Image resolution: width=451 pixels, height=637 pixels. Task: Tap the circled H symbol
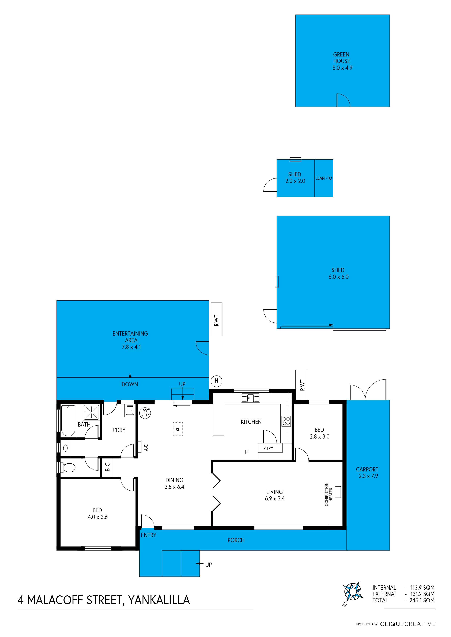pyautogui.click(x=216, y=381)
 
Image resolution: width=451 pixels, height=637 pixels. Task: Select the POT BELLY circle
pyautogui.click(x=145, y=413)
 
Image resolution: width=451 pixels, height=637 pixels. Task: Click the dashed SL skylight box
pyautogui.click(x=178, y=429)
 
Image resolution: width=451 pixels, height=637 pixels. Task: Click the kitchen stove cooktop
pyautogui.click(x=286, y=421)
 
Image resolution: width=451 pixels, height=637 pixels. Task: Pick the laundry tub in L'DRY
pyautogui.click(x=129, y=410)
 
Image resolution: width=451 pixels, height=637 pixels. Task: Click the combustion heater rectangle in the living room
pyautogui.click(x=338, y=492)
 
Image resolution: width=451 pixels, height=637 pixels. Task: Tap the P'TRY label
pyautogui.click(x=268, y=448)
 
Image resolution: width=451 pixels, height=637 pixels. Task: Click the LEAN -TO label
pyautogui.click(x=324, y=178)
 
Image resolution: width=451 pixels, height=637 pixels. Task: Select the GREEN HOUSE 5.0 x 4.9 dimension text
pyautogui.click(x=342, y=68)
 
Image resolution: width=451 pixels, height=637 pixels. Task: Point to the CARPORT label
pyautogui.click(x=367, y=469)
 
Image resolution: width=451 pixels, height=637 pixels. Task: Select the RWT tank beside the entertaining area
pyautogui.click(x=217, y=319)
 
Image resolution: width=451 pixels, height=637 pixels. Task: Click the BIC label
pyautogui.click(x=107, y=467)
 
